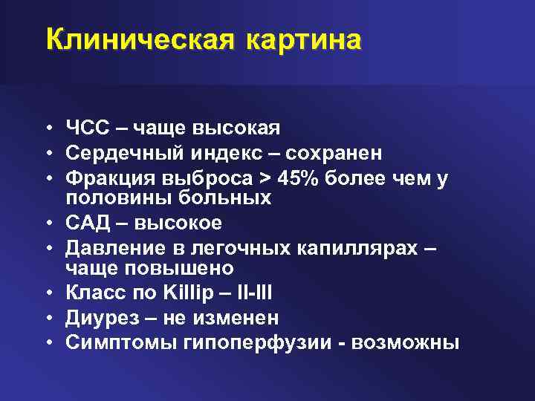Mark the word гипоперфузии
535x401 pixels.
[x=239, y=342]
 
